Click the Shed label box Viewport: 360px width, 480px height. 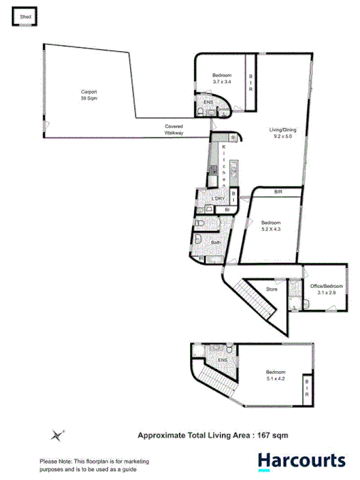pyautogui.click(x=23, y=16)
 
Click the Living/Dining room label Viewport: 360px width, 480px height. pyautogui.click(x=282, y=130)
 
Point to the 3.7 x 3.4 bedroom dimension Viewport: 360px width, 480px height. pyautogui.click(x=223, y=82)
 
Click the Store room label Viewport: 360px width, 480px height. pyautogui.click(x=272, y=289)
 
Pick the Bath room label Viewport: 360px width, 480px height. pyautogui.click(x=216, y=242)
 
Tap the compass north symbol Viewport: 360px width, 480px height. pyautogui.click(x=58, y=434)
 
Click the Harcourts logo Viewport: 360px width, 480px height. pyautogui.click(x=302, y=461)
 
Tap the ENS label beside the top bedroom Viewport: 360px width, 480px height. pyautogui.click(x=208, y=102)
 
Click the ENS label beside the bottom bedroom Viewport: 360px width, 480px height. pyautogui.click(x=222, y=360)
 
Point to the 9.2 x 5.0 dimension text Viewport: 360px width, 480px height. pyautogui.click(x=282, y=137)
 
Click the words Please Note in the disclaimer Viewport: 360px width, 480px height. pyautogui.click(x=53, y=461)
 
